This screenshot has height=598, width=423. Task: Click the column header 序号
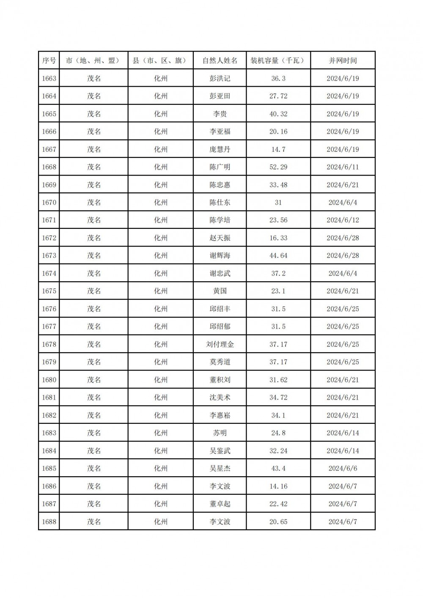(49, 60)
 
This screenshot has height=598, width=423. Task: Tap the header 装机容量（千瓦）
(278, 60)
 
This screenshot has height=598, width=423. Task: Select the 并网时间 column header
(343, 60)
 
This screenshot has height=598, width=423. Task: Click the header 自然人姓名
(220, 60)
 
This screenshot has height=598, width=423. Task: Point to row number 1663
(49, 78)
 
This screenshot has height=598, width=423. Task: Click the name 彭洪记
(220, 78)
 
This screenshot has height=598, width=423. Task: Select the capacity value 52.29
(278, 167)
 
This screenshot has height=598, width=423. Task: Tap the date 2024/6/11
(343, 167)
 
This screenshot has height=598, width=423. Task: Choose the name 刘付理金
(220, 344)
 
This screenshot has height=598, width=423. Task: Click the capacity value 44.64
(278, 255)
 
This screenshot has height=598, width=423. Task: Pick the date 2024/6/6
(343, 469)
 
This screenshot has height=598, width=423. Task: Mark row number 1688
(49, 522)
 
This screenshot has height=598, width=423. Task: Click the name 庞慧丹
(220, 149)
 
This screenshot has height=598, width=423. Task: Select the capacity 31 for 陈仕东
(278, 203)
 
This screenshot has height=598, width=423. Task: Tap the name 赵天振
(220, 238)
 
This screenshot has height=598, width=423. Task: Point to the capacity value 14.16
(278, 486)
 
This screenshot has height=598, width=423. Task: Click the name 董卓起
(220, 504)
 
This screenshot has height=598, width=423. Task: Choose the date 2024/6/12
(343, 220)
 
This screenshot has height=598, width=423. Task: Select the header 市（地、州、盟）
(93, 60)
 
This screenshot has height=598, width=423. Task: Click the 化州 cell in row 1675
(161, 291)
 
